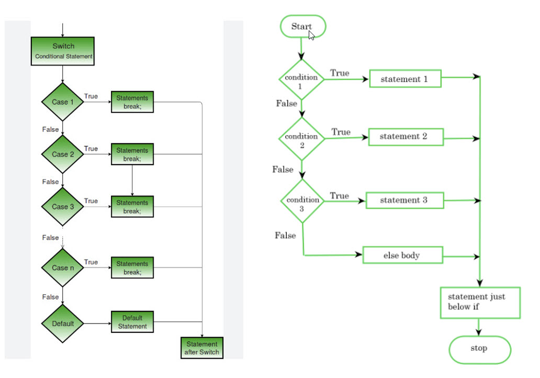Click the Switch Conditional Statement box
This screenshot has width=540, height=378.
point(63,51)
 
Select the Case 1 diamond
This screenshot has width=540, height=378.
point(63,102)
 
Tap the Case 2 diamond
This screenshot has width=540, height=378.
point(63,154)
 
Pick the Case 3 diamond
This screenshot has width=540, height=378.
point(63,206)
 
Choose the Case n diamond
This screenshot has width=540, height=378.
point(63,268)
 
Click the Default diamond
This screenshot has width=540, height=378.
point(63,324)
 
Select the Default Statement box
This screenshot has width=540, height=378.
point(132,322)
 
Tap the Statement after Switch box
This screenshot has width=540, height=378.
point(201,348)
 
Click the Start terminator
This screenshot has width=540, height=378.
point(302,26)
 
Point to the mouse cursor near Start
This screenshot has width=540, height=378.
point(311,35)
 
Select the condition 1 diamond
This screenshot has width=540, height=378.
point(301,80)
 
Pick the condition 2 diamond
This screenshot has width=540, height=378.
point(301,139)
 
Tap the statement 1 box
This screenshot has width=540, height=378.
point(405,79)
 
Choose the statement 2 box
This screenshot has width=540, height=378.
point(404,137)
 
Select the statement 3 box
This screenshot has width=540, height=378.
point(404,201)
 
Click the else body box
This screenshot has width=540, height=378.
point(402,255)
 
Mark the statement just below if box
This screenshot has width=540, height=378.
point(480,303)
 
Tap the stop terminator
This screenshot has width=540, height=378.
point(479,349)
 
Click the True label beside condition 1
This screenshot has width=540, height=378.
point(340,73)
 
